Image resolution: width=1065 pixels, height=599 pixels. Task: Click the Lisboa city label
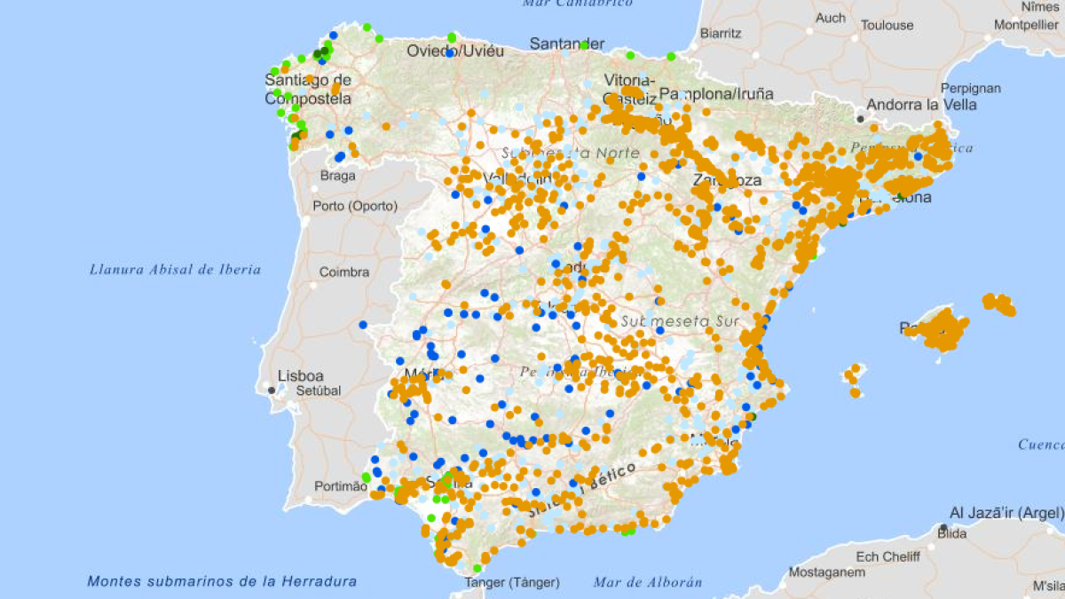pos(301,375)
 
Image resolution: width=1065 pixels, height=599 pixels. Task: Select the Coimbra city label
pos(344,272)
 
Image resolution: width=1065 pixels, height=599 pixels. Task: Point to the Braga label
pos(337,176)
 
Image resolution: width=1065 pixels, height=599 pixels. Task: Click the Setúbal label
pos(319,390)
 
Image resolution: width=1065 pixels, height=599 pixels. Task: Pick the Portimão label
pos(341,486)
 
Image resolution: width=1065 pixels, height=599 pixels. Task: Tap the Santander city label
pos(567,43)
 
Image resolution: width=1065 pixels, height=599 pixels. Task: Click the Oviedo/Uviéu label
pos(455,51)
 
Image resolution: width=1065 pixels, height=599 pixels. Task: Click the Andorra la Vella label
pos(921,105)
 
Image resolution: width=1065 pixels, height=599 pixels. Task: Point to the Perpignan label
pos(971,88)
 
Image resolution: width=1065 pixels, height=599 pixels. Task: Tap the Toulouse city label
pos(887,25)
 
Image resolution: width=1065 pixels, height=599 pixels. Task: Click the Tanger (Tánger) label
pos(512,583)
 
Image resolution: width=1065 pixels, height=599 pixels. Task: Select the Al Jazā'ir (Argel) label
pos(1006,513)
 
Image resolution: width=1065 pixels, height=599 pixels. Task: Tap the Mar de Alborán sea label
pos(648,582)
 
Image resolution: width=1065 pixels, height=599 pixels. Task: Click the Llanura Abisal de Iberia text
pos(175,269)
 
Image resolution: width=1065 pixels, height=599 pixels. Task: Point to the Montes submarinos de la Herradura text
pos(222,581)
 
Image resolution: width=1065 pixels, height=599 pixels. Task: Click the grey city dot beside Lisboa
pos(272,390)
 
